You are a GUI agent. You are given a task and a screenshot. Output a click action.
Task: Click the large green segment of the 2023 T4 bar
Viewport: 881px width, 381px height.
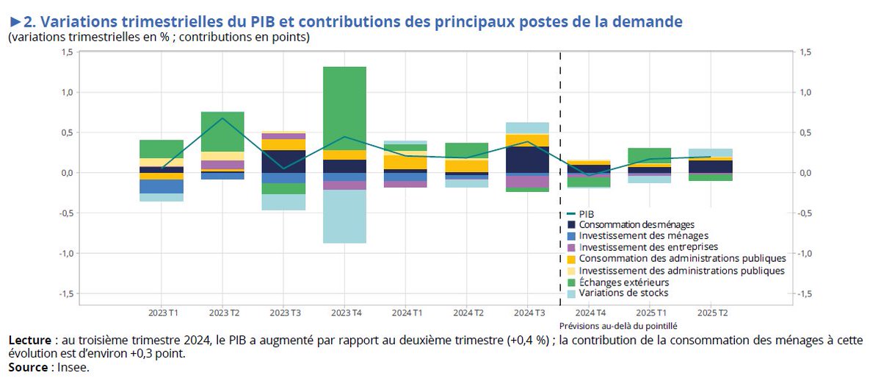(344, 108)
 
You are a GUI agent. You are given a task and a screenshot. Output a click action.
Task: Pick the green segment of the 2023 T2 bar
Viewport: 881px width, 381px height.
(222, 132)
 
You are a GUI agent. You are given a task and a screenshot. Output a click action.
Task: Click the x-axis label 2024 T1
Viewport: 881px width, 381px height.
(405, 313)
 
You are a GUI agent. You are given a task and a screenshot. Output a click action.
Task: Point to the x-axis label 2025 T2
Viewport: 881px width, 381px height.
(710, 313)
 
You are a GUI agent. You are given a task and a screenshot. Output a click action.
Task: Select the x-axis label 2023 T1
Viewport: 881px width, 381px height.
(162, 313)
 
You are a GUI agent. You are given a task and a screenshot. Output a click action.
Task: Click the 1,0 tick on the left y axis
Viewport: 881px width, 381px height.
(67, 93)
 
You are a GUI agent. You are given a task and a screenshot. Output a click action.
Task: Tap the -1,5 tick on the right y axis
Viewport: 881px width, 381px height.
(805, 293)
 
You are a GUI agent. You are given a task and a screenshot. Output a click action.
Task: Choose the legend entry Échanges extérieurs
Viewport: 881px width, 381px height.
(623, 282)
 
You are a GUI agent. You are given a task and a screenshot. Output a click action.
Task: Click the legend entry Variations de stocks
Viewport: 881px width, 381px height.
(623, 293)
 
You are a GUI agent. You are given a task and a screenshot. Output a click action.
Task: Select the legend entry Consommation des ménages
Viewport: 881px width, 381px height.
(636, 224)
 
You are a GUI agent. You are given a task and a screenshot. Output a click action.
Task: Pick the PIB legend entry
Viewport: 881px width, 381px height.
(587, 213)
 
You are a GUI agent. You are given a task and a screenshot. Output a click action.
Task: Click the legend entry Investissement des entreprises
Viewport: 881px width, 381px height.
(648, 247)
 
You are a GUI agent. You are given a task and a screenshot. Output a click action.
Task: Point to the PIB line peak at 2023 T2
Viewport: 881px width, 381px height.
(222, 118)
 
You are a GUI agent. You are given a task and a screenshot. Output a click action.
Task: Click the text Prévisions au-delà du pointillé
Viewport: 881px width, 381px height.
(617, 325)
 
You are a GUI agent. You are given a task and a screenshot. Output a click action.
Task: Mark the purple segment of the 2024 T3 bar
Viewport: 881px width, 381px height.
(527, 181)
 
